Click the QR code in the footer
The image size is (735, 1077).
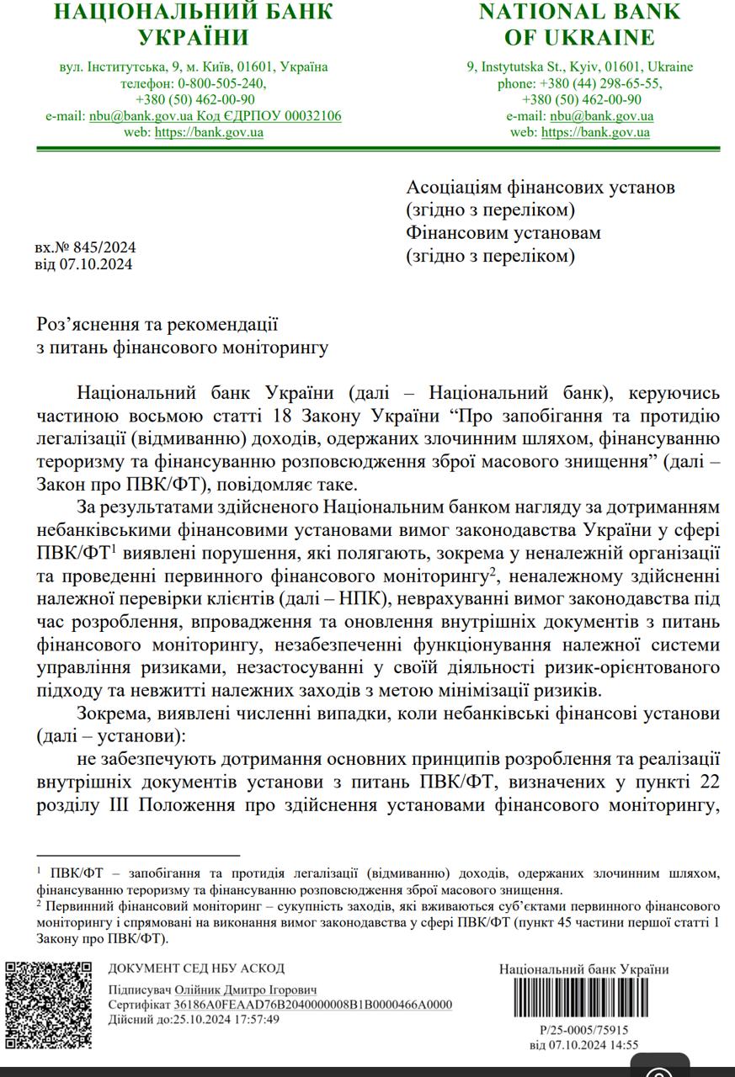pyautogui.click(x=48, y=1004)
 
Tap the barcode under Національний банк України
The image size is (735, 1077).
pyautogui.click(x=583, y=999)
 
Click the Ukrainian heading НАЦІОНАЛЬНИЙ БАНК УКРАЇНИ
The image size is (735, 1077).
pyautogui.click(x=194, y=24)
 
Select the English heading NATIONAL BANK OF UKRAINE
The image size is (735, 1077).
pyautogui.click(x=579, y=24)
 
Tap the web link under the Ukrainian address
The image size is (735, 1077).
pyautogui.click(x=209, y=132)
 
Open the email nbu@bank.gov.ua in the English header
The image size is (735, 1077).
pyautogui.click(x=601, y=116)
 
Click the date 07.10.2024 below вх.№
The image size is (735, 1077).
pyautogui.click(x=95, y=264)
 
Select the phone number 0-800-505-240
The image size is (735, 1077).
pyautogui.click(x=221, y=83)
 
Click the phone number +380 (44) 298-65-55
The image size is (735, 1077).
pyautogui.click(x=607, y=83)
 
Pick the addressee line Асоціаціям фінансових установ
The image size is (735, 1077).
pyautogui.click(x=541, y=188)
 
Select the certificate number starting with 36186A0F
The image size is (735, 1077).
pyautogui.click(x=313, y=1005)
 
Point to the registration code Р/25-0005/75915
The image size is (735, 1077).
pyautogui.click(x=583, y=1030)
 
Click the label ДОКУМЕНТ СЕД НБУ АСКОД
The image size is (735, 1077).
pyautogui.click(x=196, y=968)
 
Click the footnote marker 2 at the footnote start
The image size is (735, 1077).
pyautogui.click(x=40, y=905)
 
